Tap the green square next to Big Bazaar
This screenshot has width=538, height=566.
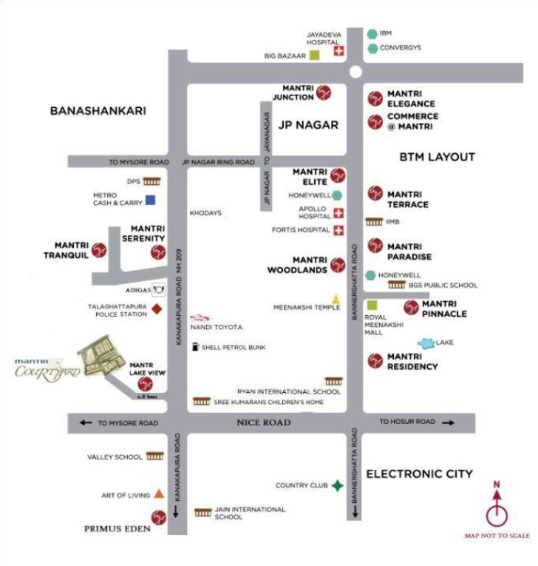pos(314,55)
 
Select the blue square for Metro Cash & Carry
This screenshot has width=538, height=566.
pos(150,199)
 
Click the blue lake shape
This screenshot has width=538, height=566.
pos(426,343)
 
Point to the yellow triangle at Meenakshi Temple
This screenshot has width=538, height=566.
pos(335,299)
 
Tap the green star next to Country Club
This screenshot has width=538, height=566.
pos(337,485)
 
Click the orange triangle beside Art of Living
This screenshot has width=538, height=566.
pos(159,494)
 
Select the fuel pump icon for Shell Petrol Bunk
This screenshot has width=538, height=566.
pos(194,346)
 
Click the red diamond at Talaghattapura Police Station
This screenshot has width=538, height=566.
pos(157,309)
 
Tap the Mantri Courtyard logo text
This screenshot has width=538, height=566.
pos(47,368)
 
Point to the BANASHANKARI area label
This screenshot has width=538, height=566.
pos(98,111)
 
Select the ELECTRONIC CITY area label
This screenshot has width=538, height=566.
pos(419,474)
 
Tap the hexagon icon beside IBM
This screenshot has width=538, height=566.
pos(372,34)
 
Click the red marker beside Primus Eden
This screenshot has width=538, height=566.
pos(157,516)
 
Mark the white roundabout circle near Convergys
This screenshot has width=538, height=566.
pos(356,73)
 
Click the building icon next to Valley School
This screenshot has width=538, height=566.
pos(154,456)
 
